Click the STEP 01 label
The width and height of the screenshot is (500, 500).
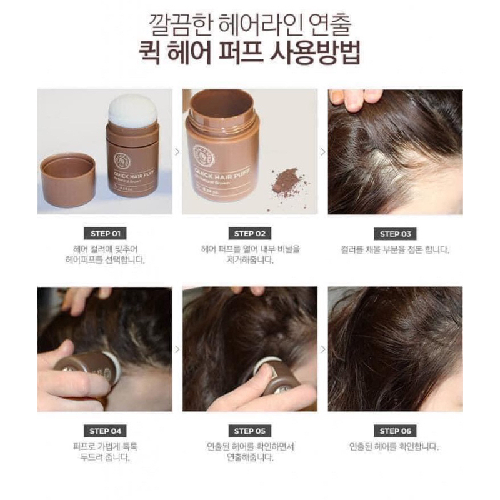104,234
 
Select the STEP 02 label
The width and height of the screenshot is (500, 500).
249,234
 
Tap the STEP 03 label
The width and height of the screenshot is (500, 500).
395,234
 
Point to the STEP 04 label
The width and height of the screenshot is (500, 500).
104,431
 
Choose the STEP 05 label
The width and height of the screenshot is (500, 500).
249,431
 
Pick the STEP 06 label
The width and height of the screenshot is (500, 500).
395,431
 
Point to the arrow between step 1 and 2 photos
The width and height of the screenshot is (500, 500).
177,151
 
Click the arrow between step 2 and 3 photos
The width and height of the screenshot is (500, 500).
322,151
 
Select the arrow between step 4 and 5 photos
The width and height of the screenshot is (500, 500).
177,349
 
